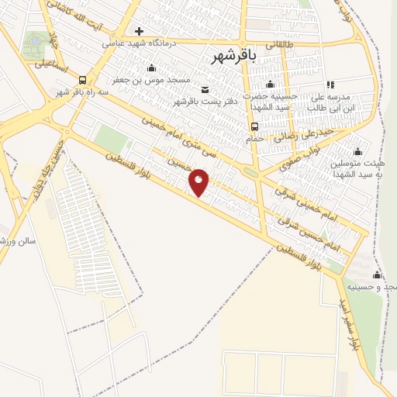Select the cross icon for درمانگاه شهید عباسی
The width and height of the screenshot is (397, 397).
pyautogui.click(x=139, y=32)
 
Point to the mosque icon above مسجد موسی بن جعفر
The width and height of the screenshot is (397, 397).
pyautogui.click(x=150, y=67)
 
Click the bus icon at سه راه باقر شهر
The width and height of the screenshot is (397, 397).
pyautogui.click(x=83, y=80)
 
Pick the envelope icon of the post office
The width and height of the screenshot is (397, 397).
pyautogui.click(x=205, y=89)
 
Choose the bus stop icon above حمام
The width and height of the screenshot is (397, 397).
pyautogui.click(x=254, y=126)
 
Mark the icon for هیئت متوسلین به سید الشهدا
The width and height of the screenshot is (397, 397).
pyautogui.click(x=357, y=152)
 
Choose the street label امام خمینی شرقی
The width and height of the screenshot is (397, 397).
pyautogui.click(x=306, y=203)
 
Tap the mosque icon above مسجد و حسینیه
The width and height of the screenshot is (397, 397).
pyautogui.click(x=378, y=275)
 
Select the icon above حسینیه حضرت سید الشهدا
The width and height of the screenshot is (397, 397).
pyautogui.click(x=270, y=85)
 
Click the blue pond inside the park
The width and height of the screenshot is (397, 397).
pyautogui.click(x=34, y=40)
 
